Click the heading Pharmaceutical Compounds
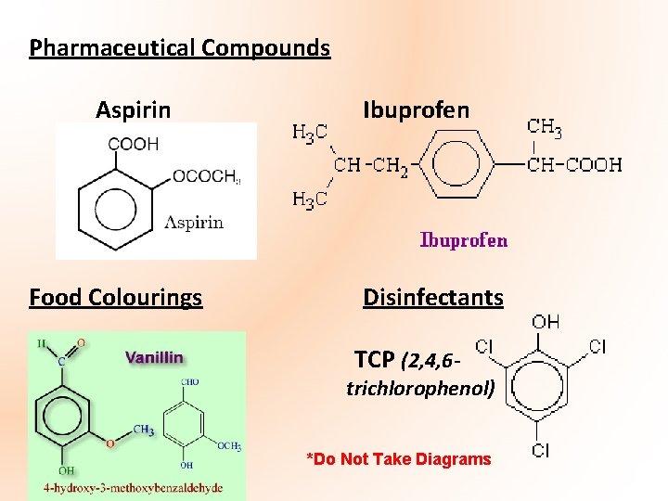tap(179, 47)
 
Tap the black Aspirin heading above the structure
tap(133, 110)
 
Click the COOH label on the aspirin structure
tap(134, 144)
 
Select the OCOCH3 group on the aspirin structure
tap(206, 176)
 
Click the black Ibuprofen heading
tap(416, 110)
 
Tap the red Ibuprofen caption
tap(464, 240)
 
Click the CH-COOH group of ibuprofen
tap(575, 165)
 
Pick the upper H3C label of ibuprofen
tap(309, 133)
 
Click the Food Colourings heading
tap(115, 298)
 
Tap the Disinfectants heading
tap(432, 298)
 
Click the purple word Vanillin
tap(154, 357)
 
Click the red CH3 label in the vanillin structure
tap(144, 430)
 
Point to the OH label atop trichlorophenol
tap(546, 322)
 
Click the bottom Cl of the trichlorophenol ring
tap(540, 451)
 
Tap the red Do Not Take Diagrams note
tap(399, 459)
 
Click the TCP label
tap(373, 359)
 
